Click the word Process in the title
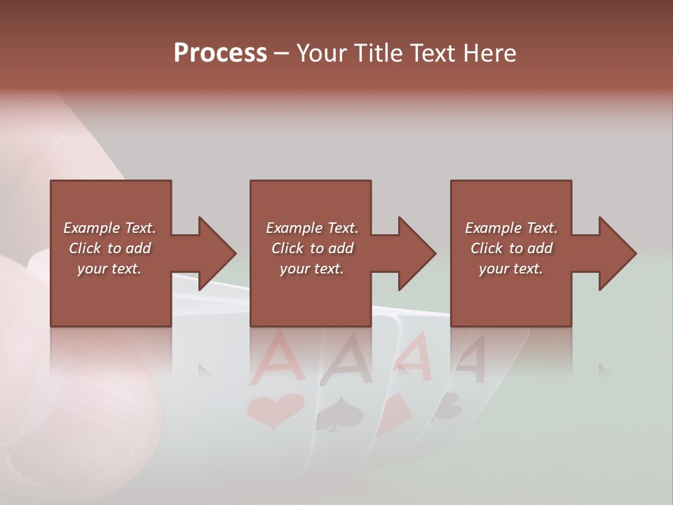tap(220, 53)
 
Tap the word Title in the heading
tap(377, 53)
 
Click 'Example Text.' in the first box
tap(109, 228)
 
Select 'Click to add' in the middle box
tap(312, 248)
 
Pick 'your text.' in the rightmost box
tap(510, 269)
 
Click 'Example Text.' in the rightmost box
tap(511, 228)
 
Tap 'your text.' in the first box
tap(109, 269)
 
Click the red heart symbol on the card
tap(275, 410)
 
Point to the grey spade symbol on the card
tap(339, 416)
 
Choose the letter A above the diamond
tap(415, 354)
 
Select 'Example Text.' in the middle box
tap(312, 228)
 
